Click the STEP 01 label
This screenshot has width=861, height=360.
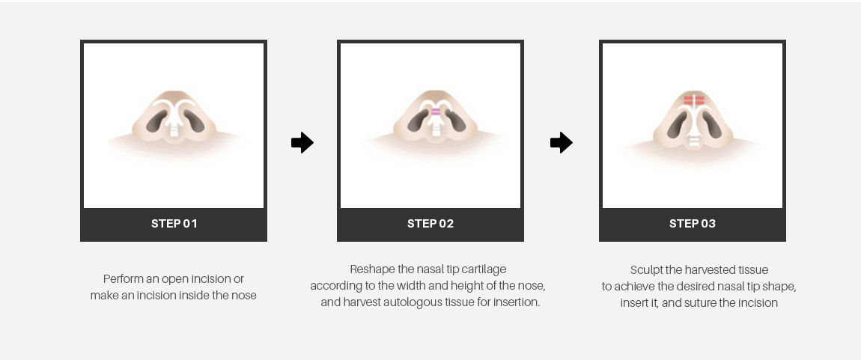[174, 224]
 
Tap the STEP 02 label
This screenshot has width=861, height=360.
[431, 224]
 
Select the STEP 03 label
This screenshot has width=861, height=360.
[693, 224]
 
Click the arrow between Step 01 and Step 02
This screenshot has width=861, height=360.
[302, 143]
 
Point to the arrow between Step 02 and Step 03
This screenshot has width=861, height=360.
[562, 143]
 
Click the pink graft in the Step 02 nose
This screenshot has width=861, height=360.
[436, 112]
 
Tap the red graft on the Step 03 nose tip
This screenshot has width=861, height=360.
[694, 100]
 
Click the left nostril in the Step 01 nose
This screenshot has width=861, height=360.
[156, 120]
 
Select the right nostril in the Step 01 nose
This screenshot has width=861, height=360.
[194, 120]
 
